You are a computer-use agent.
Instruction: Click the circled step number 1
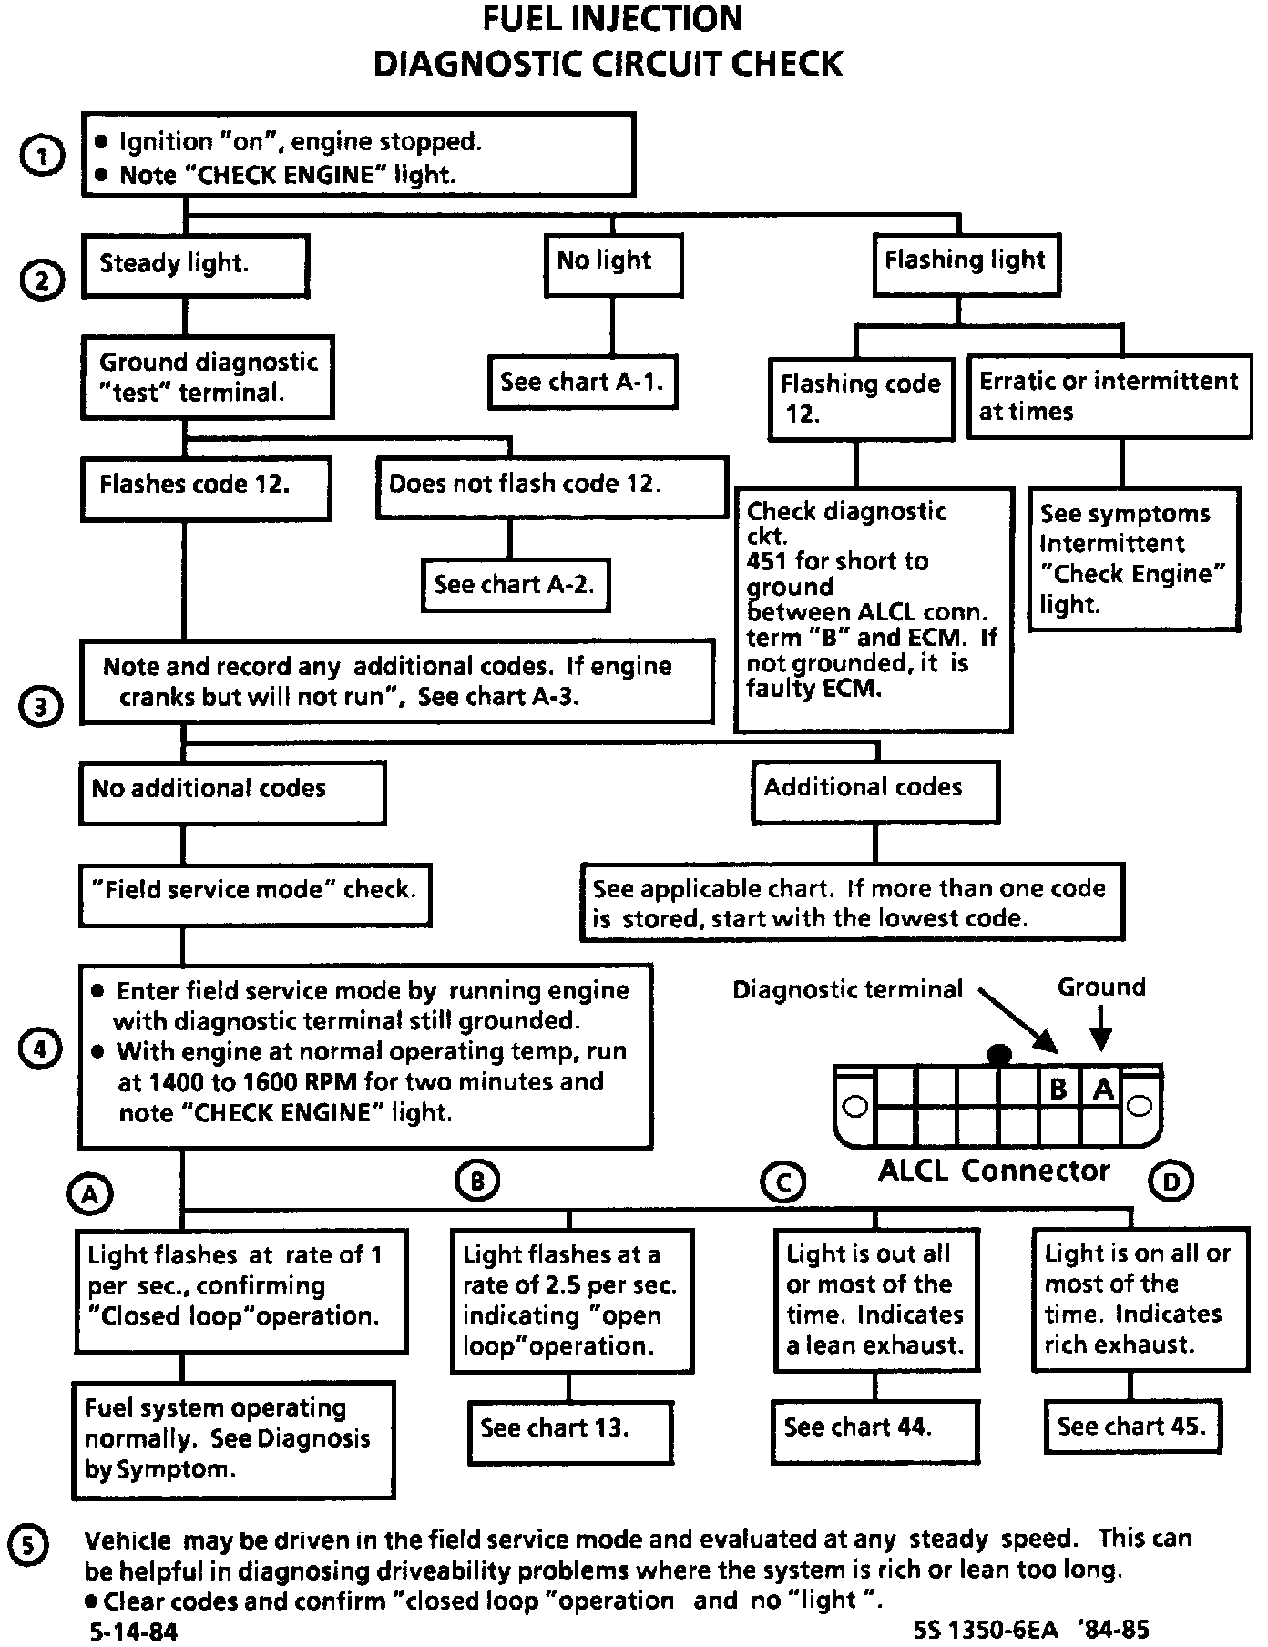[x=42, y=157]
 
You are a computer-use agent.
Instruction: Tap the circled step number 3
[x=42, y=707]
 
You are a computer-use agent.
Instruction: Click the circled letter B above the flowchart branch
[x=477, y=1181]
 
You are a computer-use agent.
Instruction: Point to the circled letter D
[x=1171, y=1182]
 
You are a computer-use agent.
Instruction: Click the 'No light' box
[x=613, y=265]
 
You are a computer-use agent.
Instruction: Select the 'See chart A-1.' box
[x=583, y=383]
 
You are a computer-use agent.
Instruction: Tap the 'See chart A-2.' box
[x=516, y=584]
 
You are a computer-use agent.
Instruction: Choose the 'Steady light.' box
[x=195, y=265]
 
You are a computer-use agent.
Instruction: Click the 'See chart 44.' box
[x=875, y=1427]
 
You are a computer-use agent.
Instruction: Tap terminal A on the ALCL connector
[x=1102, y=1088]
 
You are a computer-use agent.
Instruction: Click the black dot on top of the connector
[x=999, y=1055]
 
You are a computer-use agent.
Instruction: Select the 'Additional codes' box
[x=874, y=793]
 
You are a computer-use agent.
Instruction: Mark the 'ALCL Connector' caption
[x=994, y=1170]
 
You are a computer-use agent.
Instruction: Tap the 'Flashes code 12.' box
[x=205, y=488]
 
